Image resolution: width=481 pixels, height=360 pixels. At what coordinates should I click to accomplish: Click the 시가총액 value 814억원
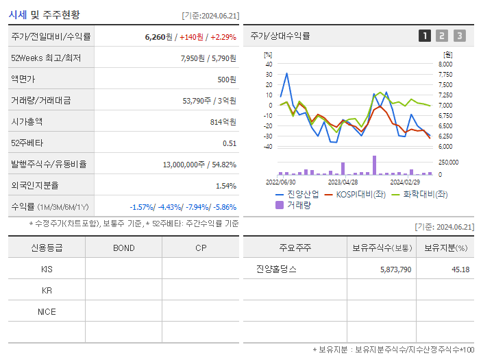pyautogui.click(x=223, y=121)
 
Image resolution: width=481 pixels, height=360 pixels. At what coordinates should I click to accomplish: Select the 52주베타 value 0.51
pyautogui.click(x=230, y=143)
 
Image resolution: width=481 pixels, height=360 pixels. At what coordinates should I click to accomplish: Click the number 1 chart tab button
pyautogui.click(x=425, y=36)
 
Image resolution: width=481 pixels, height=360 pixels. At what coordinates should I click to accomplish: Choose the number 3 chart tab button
pyautogui.click(x=459, y=36)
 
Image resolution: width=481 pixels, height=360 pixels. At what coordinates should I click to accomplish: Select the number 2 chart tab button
pyautogui.click(x=442, y=36)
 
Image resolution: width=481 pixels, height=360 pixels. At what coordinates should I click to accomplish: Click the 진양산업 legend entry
pyautogui.click(x=298, y=194)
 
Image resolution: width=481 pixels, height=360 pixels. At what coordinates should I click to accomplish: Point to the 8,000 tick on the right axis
pyautogui.click(x=445, y=64)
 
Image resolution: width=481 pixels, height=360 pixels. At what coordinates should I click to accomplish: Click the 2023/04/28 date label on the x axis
pyautogui.click(x=343, y=182)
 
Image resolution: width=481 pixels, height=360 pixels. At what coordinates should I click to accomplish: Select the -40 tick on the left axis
pyautogui.click(x=268, y=147)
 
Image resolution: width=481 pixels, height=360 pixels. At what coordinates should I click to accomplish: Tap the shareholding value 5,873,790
pyautogui.click(x=395, y=269)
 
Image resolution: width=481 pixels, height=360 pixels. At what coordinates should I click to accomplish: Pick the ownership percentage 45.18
pyautogui.click(x=460, y=269)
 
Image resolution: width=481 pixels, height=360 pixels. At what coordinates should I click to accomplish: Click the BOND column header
pyautogui.click(x=123, y=248)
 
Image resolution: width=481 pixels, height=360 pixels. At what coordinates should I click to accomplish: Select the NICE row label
pyautogui.click(x=47, y=312)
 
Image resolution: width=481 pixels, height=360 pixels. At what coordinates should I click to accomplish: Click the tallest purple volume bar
pyautogui.click(x=374, y=165)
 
